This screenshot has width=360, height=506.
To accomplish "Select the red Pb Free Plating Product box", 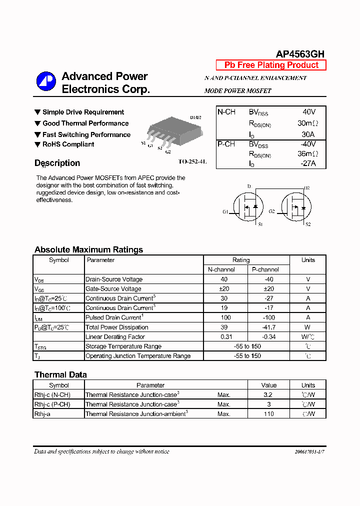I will pos(271,65).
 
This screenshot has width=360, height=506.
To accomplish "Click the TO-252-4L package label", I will pos(192,162).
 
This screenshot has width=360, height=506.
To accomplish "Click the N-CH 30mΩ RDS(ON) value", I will pos(307,123).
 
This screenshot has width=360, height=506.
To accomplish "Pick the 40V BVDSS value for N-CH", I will pos(309,112).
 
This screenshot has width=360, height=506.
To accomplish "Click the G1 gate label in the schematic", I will pos(225,211).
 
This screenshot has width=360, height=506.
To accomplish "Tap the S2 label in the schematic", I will pos(308,224).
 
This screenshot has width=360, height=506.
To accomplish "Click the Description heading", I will pos(57,163).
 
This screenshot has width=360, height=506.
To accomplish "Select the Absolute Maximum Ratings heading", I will pos(88,249).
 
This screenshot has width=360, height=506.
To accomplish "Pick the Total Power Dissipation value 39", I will pos(223,327).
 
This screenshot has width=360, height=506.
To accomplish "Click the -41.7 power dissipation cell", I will pos(268,327).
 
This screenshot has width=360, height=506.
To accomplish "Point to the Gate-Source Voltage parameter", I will pos(113,289).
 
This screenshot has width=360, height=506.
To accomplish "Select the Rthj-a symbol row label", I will pos(43,414).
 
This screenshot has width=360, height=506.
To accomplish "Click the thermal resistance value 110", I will pos(268,414).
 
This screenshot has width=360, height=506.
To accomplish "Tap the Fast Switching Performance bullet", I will pos(86,134).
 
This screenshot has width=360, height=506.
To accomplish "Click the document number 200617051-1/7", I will pos(310,452).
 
